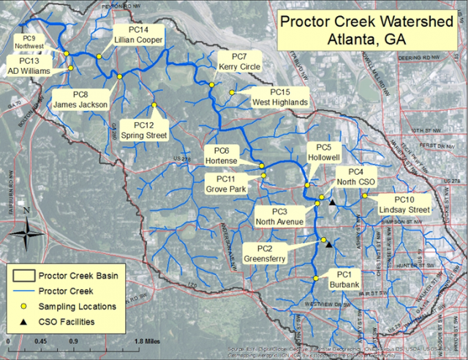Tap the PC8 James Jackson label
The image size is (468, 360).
coord(80,100)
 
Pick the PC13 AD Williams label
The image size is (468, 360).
coord(29,67)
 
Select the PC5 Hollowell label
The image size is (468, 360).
coord(324,151)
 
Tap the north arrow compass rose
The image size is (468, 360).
coord(27,233)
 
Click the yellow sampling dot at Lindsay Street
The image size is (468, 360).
coord(364,195)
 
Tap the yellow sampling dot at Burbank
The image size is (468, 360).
coord(315,278)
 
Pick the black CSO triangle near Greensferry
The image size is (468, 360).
coord(329,244)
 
